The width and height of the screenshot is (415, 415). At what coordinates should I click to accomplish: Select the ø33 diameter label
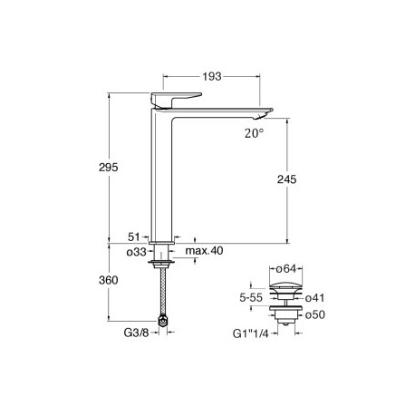coord(136,251)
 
